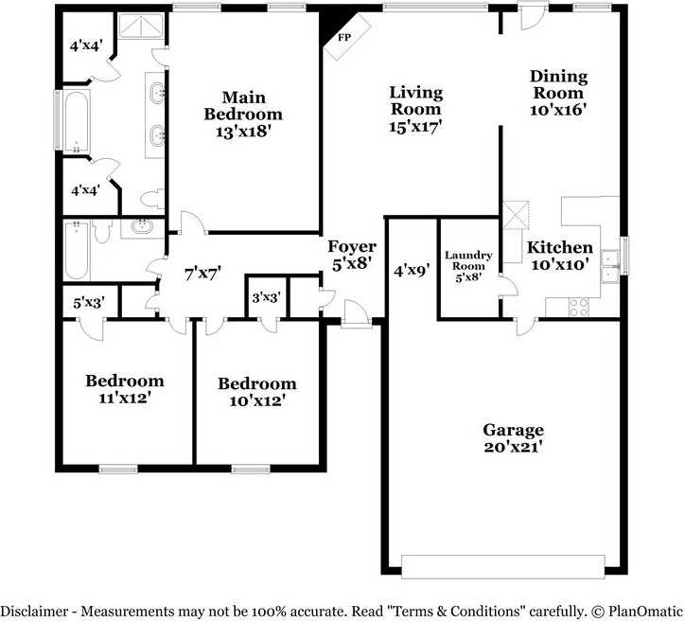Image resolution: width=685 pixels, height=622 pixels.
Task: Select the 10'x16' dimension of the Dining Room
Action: pos(558,109)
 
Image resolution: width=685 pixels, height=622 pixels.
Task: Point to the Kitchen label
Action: pos(559,248)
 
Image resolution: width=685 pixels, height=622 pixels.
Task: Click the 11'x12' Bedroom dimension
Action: pos(124,398)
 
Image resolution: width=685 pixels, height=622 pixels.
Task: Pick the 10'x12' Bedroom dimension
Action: pos(256,400)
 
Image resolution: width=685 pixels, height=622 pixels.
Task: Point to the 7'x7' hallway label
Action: pos(202,275)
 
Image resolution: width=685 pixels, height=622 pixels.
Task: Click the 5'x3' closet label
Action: pos(89,305)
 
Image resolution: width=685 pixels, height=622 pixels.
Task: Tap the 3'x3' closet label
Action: pos(266,297)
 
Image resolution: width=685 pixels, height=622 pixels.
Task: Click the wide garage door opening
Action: pos(501,566)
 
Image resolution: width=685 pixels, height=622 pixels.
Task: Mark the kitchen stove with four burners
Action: pos(577,306)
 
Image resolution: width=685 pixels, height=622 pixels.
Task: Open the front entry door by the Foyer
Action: pos(357,315)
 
